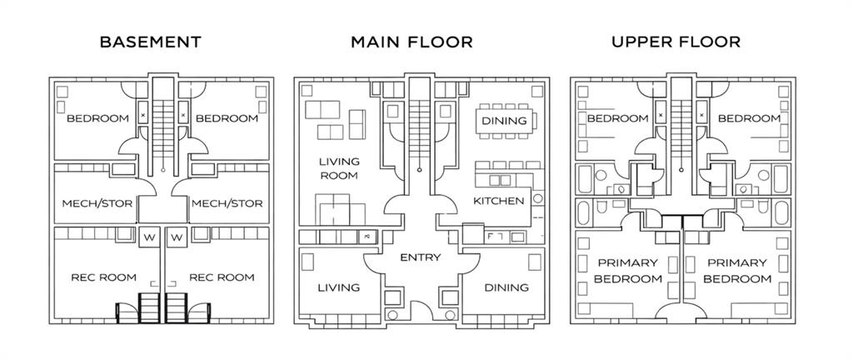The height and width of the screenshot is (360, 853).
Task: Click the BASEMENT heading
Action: (151, 42)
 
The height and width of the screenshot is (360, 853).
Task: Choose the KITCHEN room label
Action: (499, 201)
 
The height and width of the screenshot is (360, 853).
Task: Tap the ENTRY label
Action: (420, 257)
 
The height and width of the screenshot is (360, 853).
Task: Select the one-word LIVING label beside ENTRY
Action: (339, 287)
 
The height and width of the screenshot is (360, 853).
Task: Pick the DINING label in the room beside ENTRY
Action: (506, 287)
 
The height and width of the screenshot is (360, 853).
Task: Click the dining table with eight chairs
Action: (506, 121)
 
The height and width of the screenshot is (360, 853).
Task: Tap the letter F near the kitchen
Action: (490, 237)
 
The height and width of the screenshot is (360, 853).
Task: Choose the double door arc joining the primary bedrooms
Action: (681, 310)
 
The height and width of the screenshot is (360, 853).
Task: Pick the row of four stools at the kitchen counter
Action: (509, 165)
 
